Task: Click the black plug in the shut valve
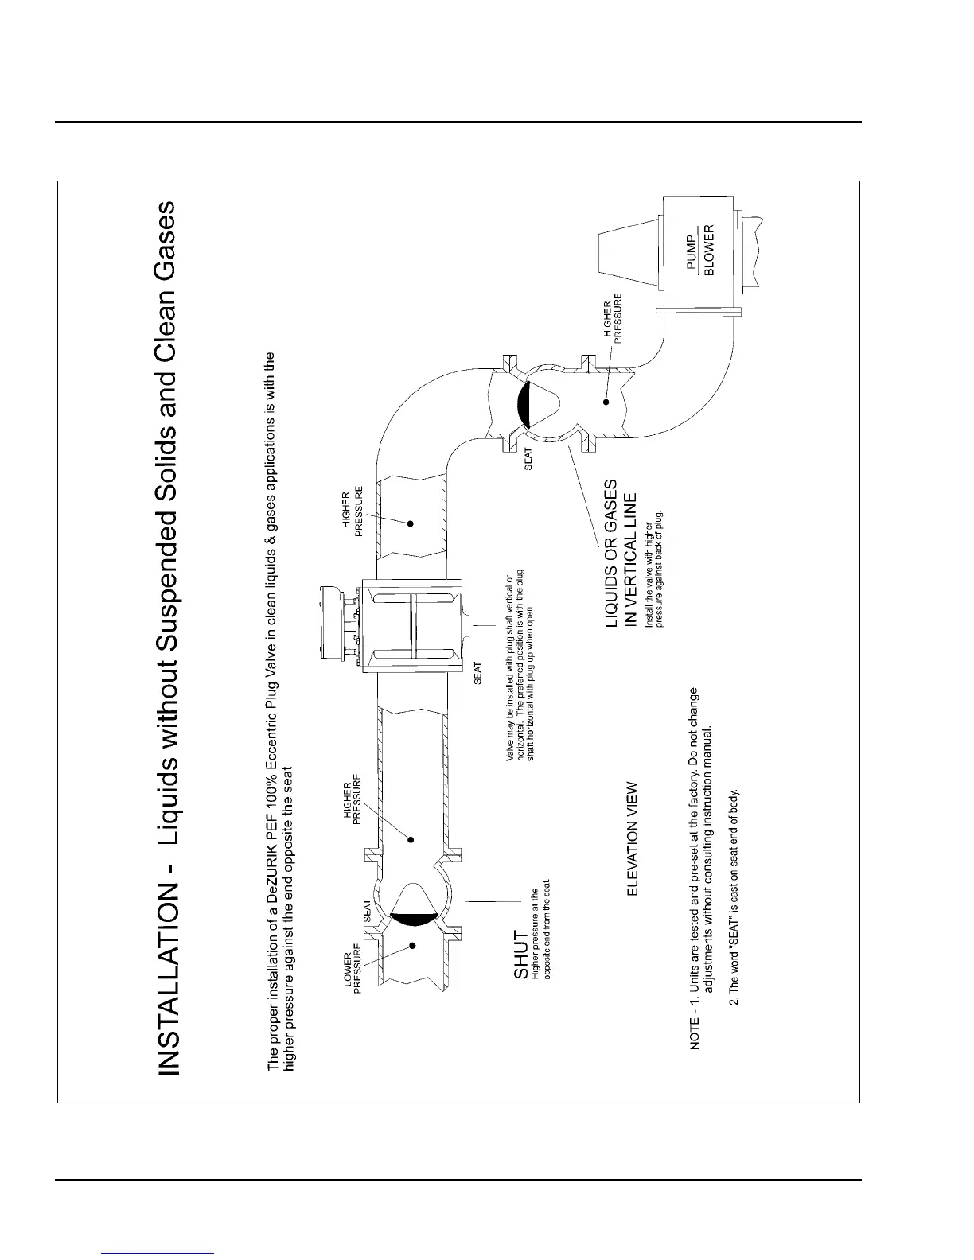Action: [x=415, y=920]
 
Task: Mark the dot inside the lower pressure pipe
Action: [x=413, y=945]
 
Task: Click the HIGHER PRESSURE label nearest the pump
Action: [x=612, y=318]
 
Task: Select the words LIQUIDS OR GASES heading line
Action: [x=611, y=554]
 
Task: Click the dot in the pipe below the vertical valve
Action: [x=606, y=402]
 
